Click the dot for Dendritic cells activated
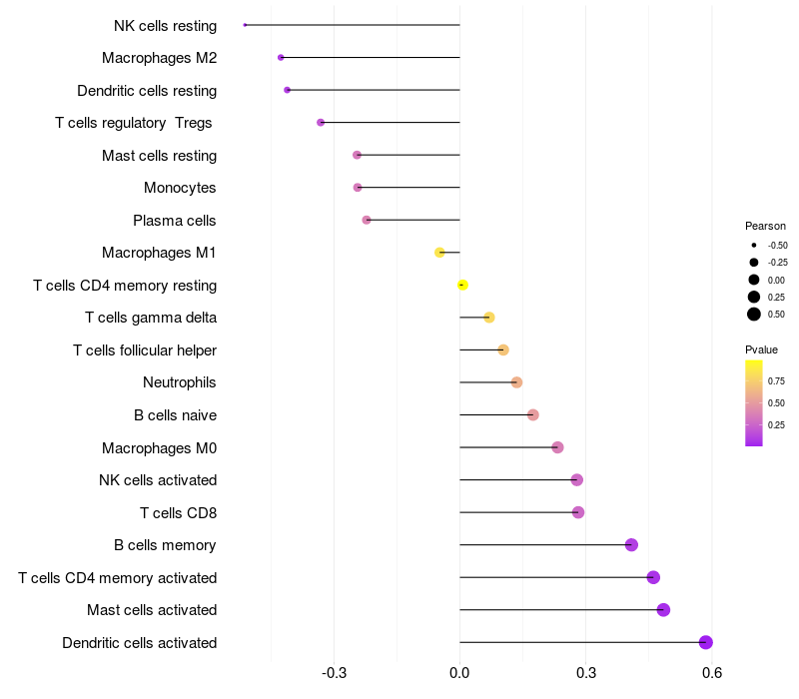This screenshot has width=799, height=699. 706,642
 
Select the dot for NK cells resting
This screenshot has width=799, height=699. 245,25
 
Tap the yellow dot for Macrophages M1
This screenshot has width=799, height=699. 439,253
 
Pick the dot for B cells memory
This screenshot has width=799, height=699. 631,545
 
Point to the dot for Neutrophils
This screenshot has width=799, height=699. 516,382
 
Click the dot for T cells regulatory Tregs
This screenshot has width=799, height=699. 321,123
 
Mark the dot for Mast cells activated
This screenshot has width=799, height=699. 663,610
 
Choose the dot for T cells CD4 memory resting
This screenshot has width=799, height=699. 462,285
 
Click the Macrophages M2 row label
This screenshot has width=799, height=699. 159,58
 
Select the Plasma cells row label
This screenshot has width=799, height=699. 175,221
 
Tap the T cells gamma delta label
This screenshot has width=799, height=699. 151,318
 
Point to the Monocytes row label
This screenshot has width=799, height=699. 180,188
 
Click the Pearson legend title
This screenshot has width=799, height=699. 765,226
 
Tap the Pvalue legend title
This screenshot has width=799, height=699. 761,349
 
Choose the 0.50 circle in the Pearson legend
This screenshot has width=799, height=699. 754,315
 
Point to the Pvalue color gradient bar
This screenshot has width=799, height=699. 754,402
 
